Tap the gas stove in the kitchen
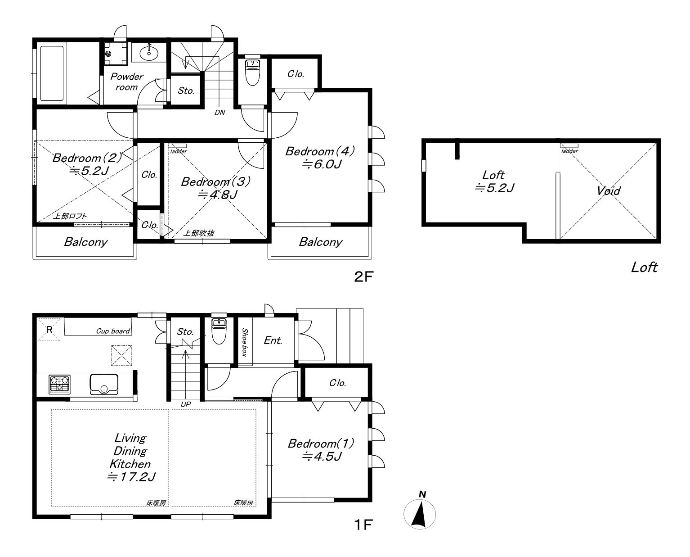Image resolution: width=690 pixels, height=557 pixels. (x=60, y=384)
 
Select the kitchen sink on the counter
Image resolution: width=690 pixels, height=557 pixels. (x=104, y=384)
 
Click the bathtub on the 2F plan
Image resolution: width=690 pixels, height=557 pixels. (x=52, y=73)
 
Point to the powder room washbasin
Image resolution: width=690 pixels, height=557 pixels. (x=149, y=52)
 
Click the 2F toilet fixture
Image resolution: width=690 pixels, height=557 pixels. (x=252, y=72)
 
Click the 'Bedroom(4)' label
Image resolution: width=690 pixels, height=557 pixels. (x=320, y=151)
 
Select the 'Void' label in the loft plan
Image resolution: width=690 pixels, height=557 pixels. (x=609, y=191)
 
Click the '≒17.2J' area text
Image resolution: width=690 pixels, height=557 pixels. (x=131, y=477)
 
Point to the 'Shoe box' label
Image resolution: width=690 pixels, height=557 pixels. (x=245, y=342)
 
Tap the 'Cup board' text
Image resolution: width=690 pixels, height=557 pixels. (x=113, y=331)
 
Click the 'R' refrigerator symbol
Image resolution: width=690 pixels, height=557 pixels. (x=49, y=330)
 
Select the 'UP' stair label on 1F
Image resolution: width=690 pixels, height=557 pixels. (x=186, y=404)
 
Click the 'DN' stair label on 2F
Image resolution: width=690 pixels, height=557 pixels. (x=220, y=113)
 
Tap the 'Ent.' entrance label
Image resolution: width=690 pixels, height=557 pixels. (x=273, y=340)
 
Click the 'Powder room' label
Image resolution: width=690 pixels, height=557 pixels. (x=127, y=82)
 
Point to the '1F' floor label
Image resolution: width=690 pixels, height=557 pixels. (x=363, y=525)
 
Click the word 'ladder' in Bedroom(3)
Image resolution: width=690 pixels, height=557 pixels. (x=179, y=151)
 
